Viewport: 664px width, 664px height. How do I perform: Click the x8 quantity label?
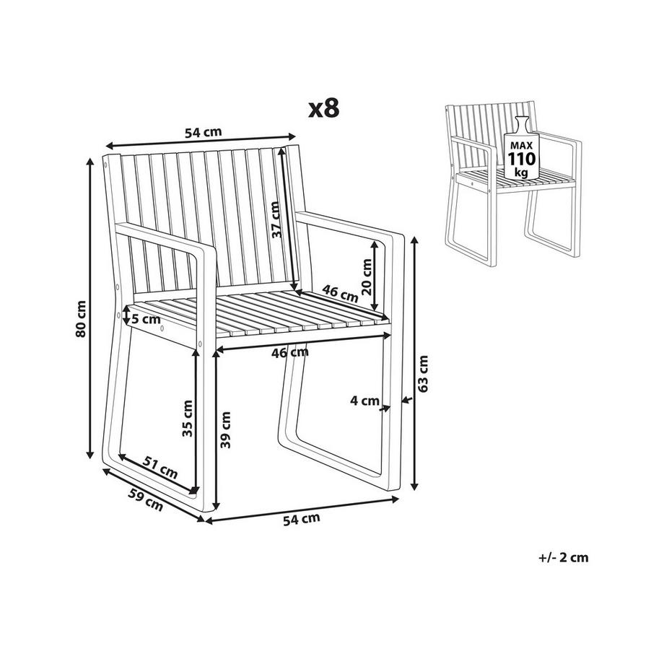[324, 109]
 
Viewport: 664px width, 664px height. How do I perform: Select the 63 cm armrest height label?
[423, 374]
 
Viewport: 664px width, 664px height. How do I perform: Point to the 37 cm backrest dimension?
[276, 219]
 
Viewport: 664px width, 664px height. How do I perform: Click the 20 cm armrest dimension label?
[367, 277]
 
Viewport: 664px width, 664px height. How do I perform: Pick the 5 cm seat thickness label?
[146, 319]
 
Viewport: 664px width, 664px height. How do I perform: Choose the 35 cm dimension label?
[187, 419]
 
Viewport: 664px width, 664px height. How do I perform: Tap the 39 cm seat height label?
[226, 430]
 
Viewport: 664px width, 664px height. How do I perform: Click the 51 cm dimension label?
[160, 468]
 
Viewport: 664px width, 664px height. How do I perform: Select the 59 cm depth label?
[146, 499]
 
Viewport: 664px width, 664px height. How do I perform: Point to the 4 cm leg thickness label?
[364, 400]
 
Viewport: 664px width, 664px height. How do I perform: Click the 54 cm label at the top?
[204, 132]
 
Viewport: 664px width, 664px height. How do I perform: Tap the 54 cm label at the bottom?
[302, 519]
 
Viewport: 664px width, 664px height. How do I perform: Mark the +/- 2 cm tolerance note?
[563, 557]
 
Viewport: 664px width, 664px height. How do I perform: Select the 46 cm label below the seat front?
[290, 352]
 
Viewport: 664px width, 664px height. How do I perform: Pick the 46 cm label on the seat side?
[340, 293]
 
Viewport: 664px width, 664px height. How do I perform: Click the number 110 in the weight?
[522, 160]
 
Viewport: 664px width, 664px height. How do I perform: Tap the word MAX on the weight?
[521, 145]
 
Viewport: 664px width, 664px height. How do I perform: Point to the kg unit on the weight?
[521, 172]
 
